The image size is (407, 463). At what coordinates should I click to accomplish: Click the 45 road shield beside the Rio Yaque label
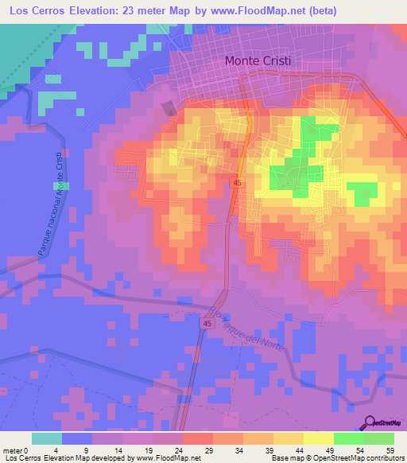click(207, 324)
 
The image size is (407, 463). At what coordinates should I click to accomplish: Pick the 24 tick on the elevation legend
click(182, 449)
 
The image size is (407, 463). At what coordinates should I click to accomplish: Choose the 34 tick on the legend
click(242, 449)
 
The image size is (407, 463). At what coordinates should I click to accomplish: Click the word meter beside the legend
click(13, 449)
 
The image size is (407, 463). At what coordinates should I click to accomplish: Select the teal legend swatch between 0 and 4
click(47, 438)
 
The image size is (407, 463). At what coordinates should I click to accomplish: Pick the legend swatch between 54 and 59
click(379, 438)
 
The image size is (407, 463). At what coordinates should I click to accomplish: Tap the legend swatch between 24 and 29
click(197, 438)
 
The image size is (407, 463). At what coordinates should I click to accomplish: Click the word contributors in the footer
click(383, 459)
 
